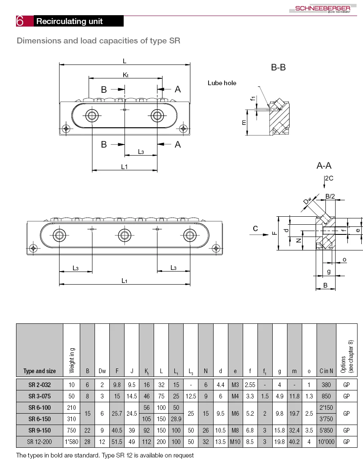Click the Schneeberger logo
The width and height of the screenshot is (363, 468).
click(x=322, y=9)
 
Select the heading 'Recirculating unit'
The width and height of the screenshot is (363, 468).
click(x=70, y=22)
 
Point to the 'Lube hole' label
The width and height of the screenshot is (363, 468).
click(x=222, y=83)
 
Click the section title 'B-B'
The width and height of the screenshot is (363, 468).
click(x=278, y=67)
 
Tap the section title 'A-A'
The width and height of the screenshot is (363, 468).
click(x=324, y=166)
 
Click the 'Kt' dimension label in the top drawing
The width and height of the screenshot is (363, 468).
click(x=125, y=75)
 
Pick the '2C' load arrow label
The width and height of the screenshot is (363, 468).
click(x=329, y=178)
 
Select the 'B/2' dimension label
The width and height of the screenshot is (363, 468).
click(x=330, y=196)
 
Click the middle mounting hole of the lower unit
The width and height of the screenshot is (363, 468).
click(x=124, y=234)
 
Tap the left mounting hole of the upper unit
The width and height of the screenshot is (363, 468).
click(x=92, y=115)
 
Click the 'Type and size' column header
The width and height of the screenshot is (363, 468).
click(x=39, y=371)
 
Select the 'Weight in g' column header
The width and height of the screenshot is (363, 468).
click(x=72, y=360)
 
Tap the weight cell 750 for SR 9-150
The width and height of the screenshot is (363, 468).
click(x=71, y=430)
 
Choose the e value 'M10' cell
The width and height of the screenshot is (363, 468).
click(x=235, y=442)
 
